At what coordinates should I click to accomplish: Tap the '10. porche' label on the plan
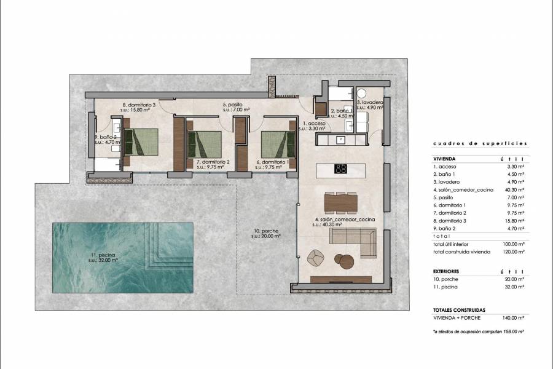click(267, 232)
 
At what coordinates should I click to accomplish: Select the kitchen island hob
click(340, 169)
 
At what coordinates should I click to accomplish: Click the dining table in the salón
click(340, 202)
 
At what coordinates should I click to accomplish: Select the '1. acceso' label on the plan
click(312, 124)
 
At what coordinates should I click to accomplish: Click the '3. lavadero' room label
click(371, 102)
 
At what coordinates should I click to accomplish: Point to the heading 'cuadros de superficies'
click(480, 143)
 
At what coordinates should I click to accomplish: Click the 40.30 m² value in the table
click(515, 189)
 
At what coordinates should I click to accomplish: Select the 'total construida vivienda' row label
click(461, 252)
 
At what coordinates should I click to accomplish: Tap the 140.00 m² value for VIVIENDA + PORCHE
click(515, 317)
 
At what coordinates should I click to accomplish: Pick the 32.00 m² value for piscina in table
click(515, 287)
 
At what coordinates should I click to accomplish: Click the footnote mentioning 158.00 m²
click(478, 331)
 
